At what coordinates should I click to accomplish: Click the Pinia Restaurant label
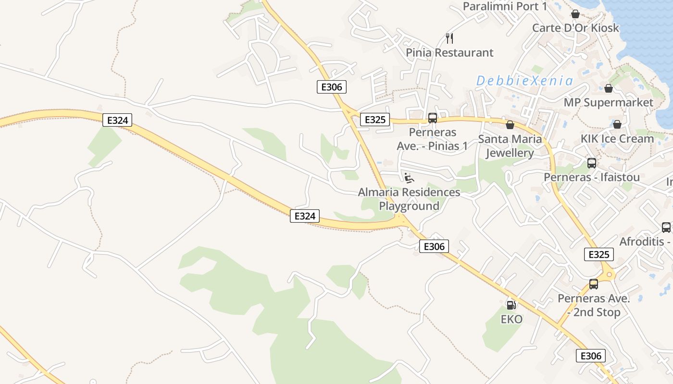[449, 53]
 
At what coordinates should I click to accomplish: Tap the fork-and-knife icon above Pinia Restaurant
[449, 38]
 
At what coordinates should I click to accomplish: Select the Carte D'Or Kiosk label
[575, 28]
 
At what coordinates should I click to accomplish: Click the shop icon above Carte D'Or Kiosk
[575, 14]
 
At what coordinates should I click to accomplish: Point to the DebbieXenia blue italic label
[525, 81]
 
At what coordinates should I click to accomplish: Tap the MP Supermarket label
[609, 103]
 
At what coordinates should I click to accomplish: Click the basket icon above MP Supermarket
[609, 88]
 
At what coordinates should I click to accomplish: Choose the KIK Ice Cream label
[617, 139]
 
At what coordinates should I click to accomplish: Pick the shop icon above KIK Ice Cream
[617, 124]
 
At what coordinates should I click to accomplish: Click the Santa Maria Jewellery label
[510, 146]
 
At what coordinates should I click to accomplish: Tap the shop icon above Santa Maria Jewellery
[510, 125]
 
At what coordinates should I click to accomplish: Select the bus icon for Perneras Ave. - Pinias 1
[433, 118]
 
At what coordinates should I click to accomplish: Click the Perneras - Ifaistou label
[592, 177]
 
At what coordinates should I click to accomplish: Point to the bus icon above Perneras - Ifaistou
[592, 163]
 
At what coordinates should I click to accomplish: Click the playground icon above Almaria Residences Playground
[409, 178]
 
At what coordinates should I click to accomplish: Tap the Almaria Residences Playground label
[409, 199]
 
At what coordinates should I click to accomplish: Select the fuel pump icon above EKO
[511, 305]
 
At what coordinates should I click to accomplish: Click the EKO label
[511, 319]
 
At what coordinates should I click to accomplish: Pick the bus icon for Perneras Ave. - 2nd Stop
[594, 284]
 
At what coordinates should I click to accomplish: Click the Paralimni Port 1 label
[505, 6]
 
